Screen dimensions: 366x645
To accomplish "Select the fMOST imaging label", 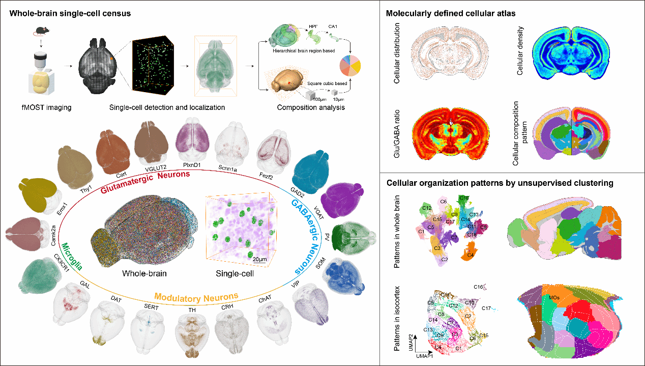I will point(40,107).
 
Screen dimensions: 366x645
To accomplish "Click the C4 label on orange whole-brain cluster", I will point(471,254).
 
